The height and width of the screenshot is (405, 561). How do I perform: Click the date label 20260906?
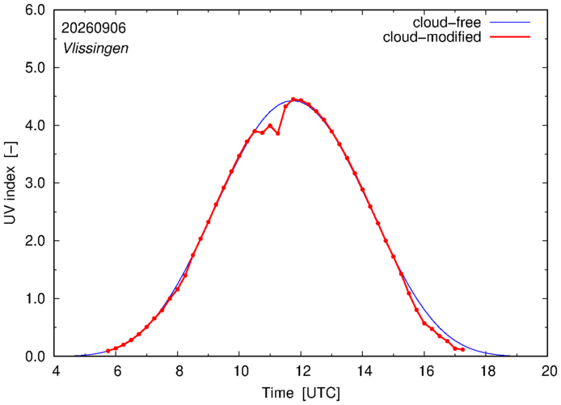click(x=94, y=28)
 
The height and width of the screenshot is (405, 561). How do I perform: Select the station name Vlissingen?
click(x=95, y=49)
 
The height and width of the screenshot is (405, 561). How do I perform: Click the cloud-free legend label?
click(x=446, y=23)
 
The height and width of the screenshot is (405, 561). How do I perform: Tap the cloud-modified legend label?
click(x=432, y=37)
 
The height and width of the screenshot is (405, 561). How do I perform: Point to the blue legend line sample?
click(x=510, y=22)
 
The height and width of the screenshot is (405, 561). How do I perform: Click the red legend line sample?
click(x=510, y=36)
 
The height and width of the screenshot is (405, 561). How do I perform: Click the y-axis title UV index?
click(x=11, y=183)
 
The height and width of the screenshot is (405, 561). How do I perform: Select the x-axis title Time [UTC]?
click(x=301, y=393)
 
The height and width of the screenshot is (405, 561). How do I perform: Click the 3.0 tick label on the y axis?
click(x=35, y=183)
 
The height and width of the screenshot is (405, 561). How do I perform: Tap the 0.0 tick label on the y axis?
click(x=35, y=356)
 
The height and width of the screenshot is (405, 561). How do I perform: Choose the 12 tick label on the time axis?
click(x=301, y=371)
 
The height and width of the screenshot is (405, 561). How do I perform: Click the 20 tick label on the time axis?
click(x=548, y=371)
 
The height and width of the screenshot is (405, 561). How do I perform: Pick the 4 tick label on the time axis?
click(x=55, y=371)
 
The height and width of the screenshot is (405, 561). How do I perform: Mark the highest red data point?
click(x=293, y=99)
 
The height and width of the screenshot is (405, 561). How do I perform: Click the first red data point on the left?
click(x=108, y=351)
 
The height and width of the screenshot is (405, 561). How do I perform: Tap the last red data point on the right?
click(x=463, y=349)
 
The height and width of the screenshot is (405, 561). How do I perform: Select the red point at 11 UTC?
click(x=270, y=125)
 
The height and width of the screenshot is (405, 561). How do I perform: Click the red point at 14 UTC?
click(x=362, y=189)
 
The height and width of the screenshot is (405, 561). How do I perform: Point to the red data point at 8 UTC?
click(x=178, y=289)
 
